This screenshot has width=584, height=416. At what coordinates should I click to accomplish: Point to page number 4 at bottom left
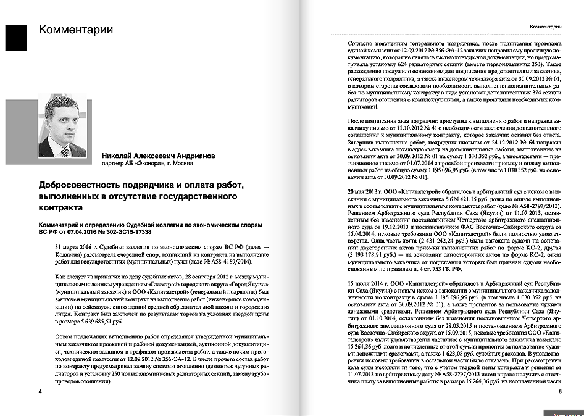(40, 391)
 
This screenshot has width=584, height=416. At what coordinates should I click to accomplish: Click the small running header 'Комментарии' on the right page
(545, 27)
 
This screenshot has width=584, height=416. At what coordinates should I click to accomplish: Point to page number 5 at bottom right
(559, 391)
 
